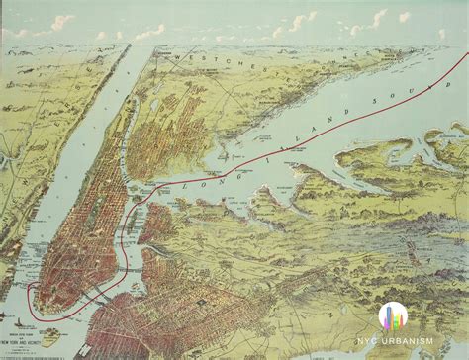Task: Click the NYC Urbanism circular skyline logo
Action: pyautogui.click(x=392, y=315)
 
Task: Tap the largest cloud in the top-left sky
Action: pyautogui.click(x=61, y=22)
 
